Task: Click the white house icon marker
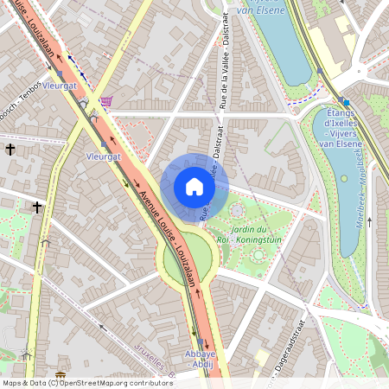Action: click(194, 187)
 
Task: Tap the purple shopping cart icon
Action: click(105, 101)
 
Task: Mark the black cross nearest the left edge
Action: click(10, 150)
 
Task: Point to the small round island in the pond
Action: click(344, 179)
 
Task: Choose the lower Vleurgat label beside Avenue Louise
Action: click(105, 157)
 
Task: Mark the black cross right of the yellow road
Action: click(37, 207)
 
